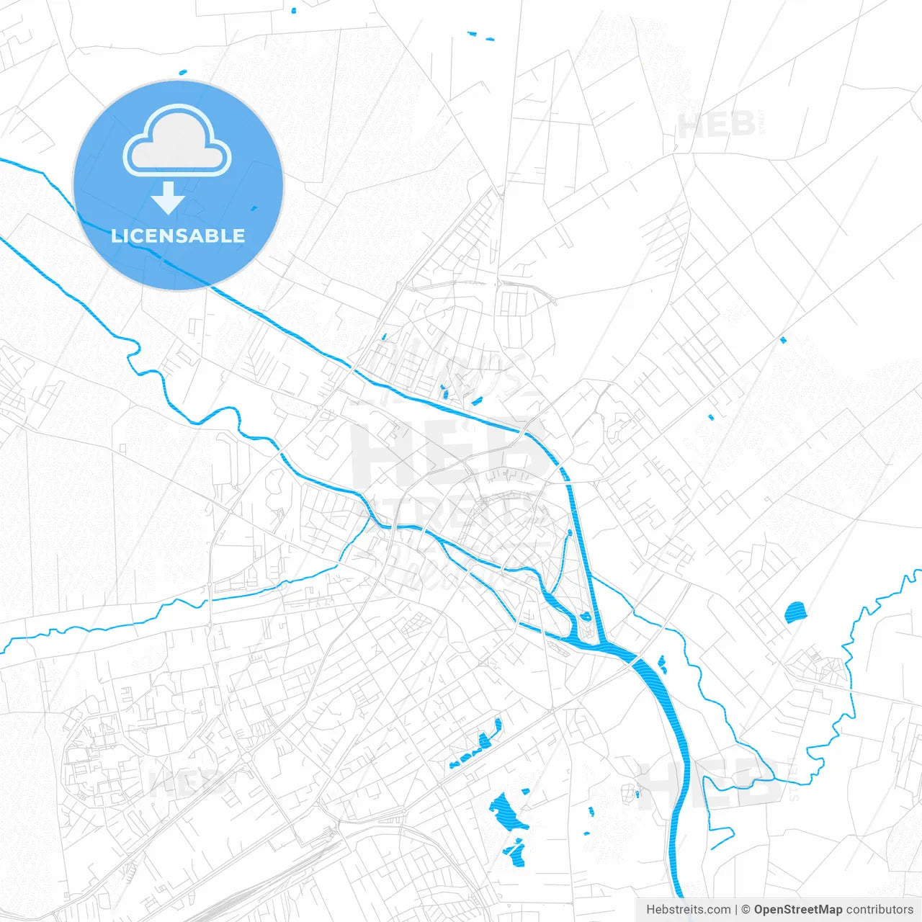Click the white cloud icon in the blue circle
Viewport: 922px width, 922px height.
(x=177, y=141)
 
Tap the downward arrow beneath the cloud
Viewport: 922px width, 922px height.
(x=169, y=197)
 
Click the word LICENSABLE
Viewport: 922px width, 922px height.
(x=178, y=236)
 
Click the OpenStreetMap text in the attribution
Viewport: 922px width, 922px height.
(x=797, y=910)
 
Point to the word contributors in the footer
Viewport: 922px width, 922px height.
(x=880, y=910)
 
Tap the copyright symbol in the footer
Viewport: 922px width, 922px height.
(x=746, y=910)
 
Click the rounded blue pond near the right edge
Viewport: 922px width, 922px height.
(x=795, y=612)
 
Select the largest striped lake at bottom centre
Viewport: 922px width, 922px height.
(x=506, y=811)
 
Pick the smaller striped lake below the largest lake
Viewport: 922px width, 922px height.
(x=516, y=851)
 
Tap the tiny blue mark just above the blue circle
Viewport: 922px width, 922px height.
(x=182, y=72)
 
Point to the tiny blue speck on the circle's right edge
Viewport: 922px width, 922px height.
(x=253, y=209)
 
